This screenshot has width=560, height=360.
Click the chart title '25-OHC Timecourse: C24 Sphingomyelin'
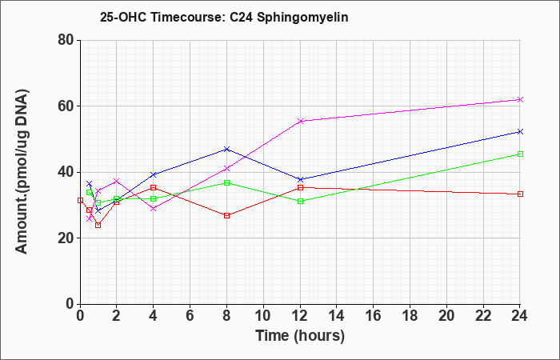224,17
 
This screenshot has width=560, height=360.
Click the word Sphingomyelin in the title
302,18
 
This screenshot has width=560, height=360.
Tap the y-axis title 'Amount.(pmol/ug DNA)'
22,172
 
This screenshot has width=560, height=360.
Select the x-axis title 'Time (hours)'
300,336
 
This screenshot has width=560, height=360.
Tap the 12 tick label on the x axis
300,316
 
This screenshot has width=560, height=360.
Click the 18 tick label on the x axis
410,316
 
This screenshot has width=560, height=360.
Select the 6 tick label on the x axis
190,316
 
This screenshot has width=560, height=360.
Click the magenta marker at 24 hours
520,100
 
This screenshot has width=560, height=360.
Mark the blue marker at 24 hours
520,132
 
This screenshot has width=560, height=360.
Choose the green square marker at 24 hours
520,154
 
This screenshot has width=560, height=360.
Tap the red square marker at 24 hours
520,194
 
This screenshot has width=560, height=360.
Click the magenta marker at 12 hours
300,121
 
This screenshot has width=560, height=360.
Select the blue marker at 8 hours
226,149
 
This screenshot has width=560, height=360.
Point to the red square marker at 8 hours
226,215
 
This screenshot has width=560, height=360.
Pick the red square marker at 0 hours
80,200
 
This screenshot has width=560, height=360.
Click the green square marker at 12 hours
300,201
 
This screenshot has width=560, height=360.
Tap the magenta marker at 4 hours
154,208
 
